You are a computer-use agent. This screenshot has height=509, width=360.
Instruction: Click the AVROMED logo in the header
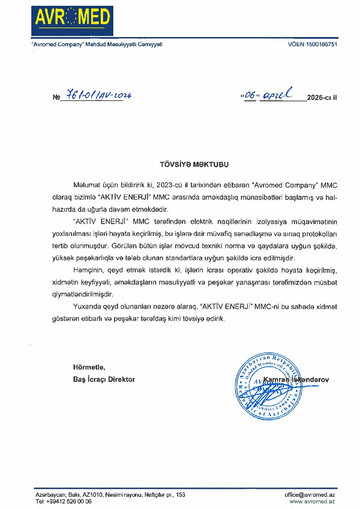pos(72,20)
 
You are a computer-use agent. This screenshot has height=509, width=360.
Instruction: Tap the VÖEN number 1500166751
pos(322,44)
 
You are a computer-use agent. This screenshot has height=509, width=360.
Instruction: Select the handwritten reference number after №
pos(99,95)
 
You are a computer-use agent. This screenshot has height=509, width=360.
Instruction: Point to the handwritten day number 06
pos(250,96)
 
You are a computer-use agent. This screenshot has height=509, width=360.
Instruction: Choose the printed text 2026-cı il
pos(322,98)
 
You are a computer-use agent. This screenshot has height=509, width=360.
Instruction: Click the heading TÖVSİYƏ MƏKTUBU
pos(194,165)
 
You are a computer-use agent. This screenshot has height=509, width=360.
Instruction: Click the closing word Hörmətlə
pos(89,367)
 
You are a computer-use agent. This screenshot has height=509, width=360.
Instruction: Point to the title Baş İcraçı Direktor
pos(104,379)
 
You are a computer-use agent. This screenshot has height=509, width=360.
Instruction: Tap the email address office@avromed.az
pos(310,495)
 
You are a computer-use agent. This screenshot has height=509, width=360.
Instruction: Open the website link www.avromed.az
pos(312,502)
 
